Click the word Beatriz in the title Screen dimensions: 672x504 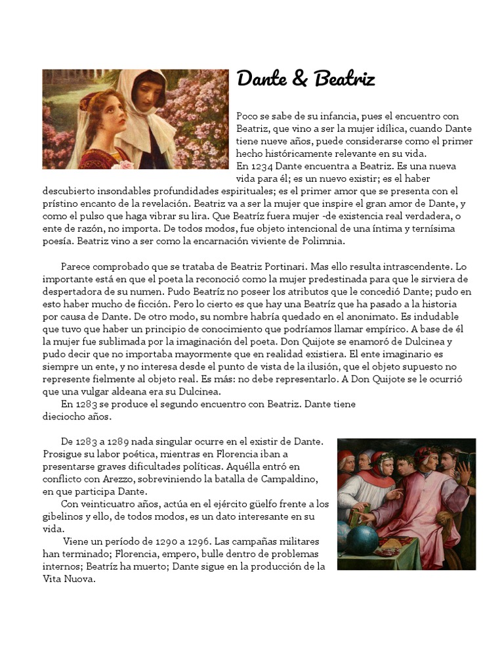345,79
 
